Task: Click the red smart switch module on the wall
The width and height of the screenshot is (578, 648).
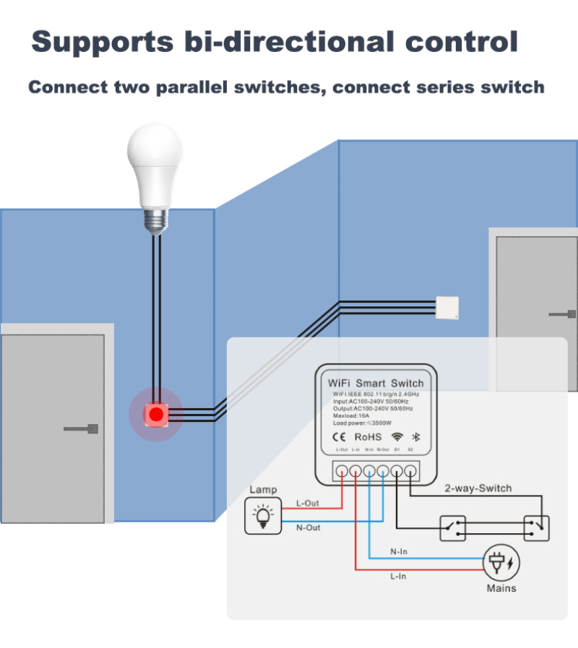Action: pos(155,414)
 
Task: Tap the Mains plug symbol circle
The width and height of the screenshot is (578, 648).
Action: pos(501,563)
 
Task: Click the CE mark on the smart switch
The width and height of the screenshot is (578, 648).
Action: pos(337,436)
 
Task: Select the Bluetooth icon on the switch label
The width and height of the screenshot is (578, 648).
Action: pos(415,436)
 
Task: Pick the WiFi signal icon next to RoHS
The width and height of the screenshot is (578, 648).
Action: pos(397,436)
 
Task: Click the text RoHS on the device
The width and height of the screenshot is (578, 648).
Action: pos(368,436)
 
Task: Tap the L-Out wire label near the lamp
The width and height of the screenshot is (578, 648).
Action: pos(309,503)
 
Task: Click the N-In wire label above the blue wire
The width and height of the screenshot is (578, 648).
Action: pos(399,552)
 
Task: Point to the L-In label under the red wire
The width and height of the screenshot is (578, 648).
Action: pos(398,576)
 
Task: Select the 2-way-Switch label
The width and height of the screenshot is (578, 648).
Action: pos(478,488)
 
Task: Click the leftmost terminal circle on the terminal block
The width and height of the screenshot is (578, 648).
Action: pos(342,471)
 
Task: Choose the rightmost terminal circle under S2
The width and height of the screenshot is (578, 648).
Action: pos(410,471)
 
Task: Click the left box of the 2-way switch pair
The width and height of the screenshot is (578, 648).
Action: pos(453,528)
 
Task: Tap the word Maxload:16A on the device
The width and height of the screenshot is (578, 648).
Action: pos(353,415)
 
